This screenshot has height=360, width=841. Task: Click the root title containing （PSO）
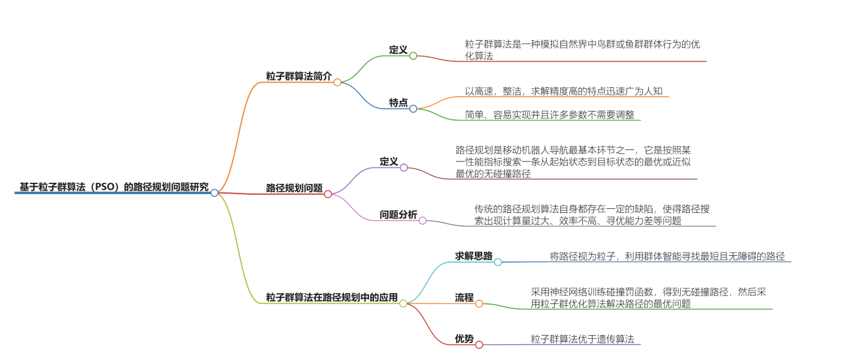(114, 186)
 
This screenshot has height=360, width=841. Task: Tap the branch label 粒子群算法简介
(299, 76)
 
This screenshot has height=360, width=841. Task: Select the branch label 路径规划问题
(294, 187)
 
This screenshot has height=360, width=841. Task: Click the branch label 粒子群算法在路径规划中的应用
(332, 297)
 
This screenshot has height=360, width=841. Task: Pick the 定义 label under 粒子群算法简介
(398, 49)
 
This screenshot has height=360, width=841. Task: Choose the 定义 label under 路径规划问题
(389, 161)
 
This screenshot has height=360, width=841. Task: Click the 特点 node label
(398, 102)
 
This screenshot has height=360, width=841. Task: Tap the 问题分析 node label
(398, 215)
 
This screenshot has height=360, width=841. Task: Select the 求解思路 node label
(474, 255)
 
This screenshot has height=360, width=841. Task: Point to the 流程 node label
(464, 297)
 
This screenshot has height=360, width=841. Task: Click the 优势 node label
(464, 338)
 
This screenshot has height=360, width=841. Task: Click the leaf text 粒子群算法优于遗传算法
(582, 338)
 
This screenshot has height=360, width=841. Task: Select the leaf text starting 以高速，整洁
(560, 91)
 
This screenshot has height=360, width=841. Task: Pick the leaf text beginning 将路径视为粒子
(667, 256)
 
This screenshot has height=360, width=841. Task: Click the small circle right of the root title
(214, 193)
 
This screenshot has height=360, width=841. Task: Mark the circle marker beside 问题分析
(422, 221)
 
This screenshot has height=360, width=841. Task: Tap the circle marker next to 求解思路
(498, 262)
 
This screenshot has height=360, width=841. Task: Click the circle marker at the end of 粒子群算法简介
(337, 82)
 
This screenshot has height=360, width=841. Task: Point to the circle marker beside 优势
(479, 345)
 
